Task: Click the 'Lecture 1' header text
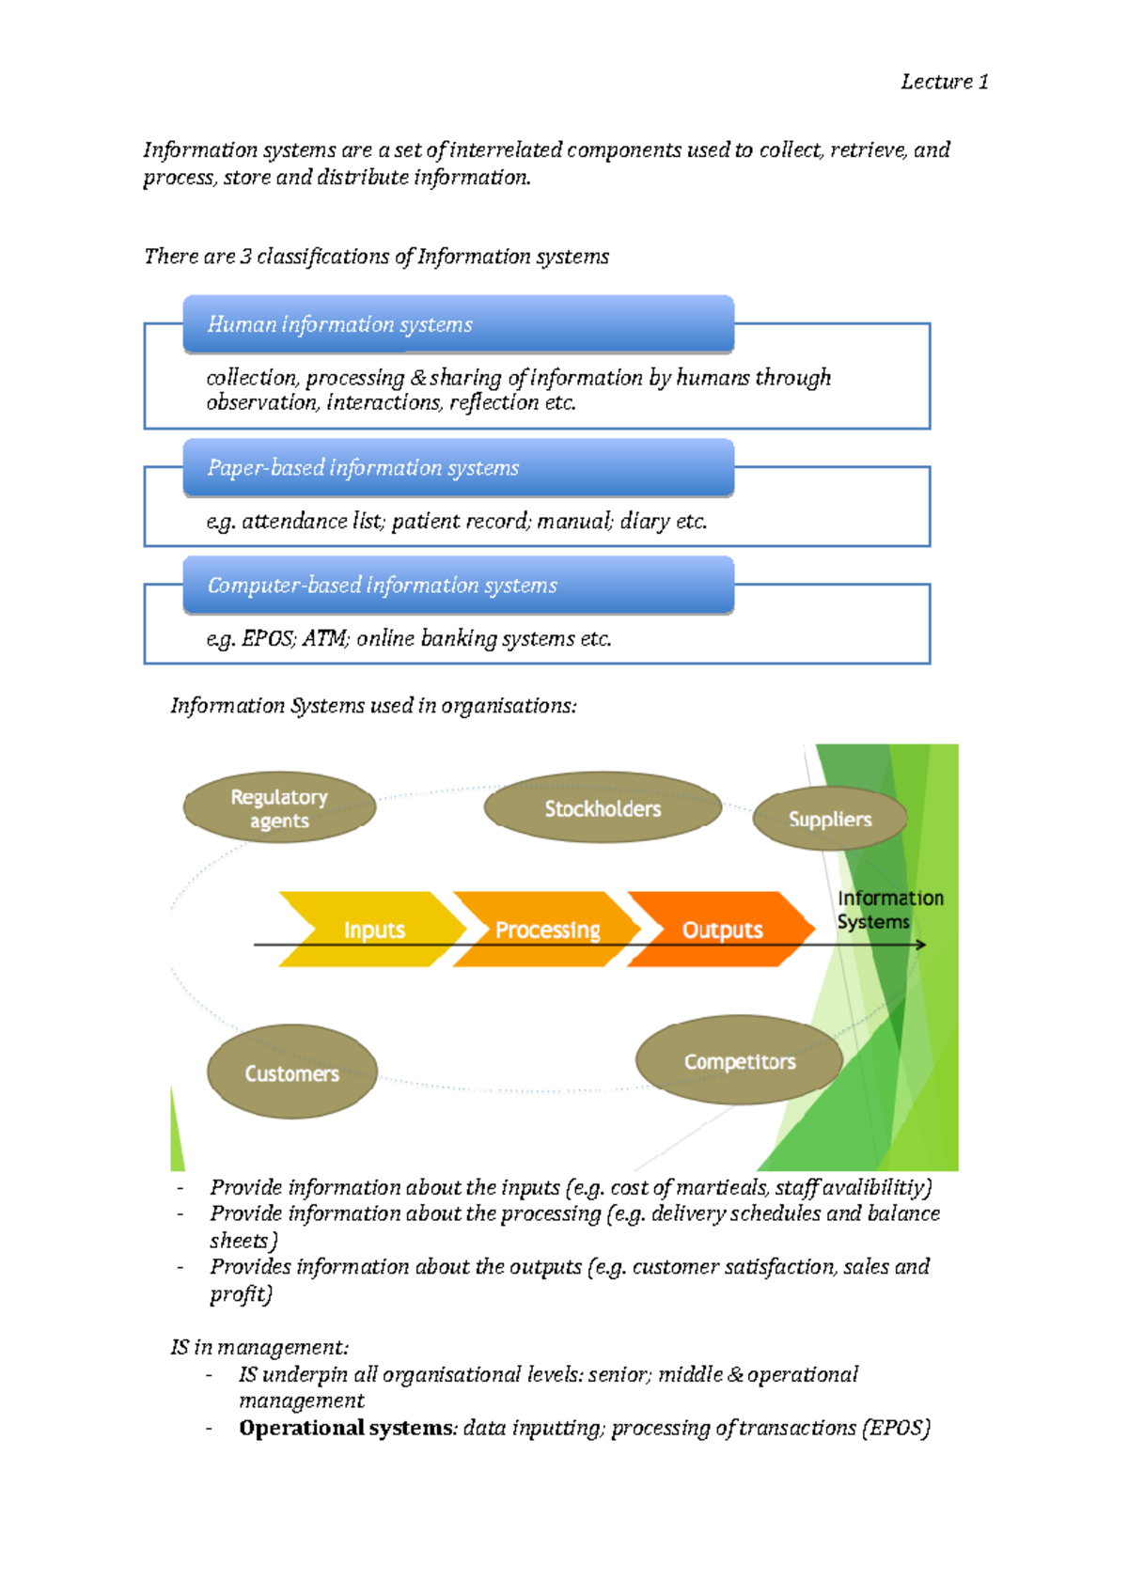coord(944,82)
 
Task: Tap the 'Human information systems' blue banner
coord(458,324)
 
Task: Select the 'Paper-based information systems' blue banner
coord(458,467)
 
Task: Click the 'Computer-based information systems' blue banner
coord(458,585)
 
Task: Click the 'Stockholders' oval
coord(603,808)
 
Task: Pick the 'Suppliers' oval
coord(830,820)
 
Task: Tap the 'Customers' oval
coord(291,1072)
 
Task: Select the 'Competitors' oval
coord(740,1061)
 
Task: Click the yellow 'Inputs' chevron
coord(373,930)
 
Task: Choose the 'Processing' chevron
coord(547,930)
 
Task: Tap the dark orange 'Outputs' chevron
coord(722,930)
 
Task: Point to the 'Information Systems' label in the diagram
coord(889,910)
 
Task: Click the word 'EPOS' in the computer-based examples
coord(268,639)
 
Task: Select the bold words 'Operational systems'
coord(345,1428)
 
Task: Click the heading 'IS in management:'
coord(259,1347)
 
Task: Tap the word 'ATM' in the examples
coord(324,639)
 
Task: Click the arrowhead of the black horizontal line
coord(921,945)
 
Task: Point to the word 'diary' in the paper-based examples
coord(645,522)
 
